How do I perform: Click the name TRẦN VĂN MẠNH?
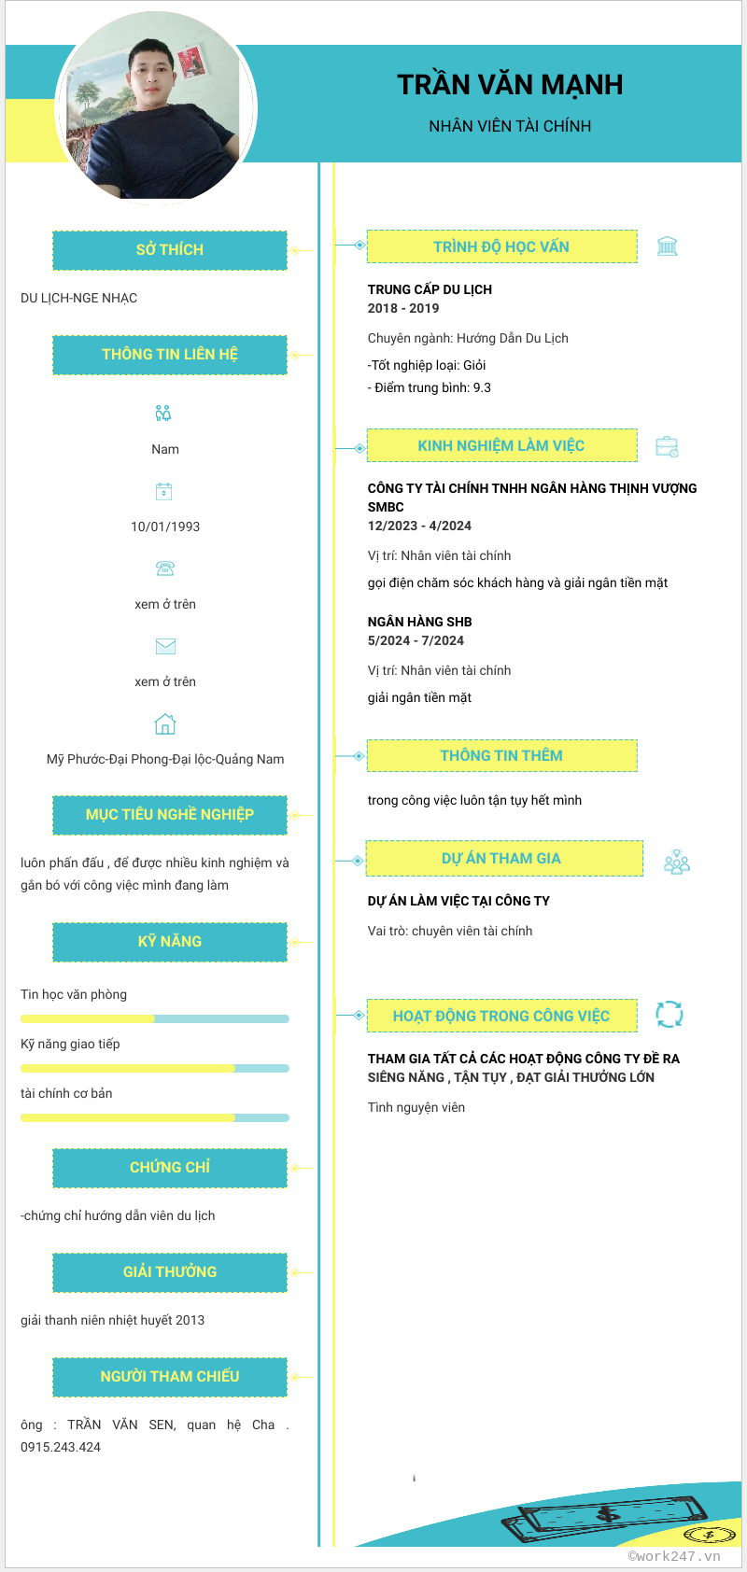pyautogui.click(x=510, y=85)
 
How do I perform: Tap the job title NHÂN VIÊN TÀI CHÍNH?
pyautogui.click(x=510, y=126)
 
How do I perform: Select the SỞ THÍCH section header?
pyautogui.click(x=170, y=250)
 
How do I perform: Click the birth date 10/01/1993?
pyautogui.click(x=165, y=526)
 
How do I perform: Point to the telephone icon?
pyautogui.click(x=165, y=568)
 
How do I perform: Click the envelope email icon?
pyautogui.click(x=165, y=646)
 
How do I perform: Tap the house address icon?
pyautogui.click(x=165, y=724)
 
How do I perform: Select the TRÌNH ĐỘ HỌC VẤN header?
pyautogui.click(x=501, y=246)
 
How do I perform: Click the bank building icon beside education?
pyautogui.click(x=668, y=246)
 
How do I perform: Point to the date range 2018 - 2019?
pyautogui.click(x=403, y=308)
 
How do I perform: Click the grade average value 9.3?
pyautogui.click(x=482, y=387)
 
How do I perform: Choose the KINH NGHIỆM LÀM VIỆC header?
pyautogui.click(x=501, y=445)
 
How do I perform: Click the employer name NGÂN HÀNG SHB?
pyautogui.click(x=420, y=622)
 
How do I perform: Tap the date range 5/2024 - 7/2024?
pyautogui.click(x=416, y=640)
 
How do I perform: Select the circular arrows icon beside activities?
pyautogui.click(x=669, y=1014)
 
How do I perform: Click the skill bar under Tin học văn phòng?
pyautogui.click(x=155, y=1018)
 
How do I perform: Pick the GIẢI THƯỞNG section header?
pyautogui.click(x=170, y=1272)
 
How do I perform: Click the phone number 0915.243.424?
pyautogui.click(x=61, y=1447)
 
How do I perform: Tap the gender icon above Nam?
pyautogui.click(x=163, y=413)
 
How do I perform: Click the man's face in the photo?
pyautogui.click(x=153, y=73)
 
